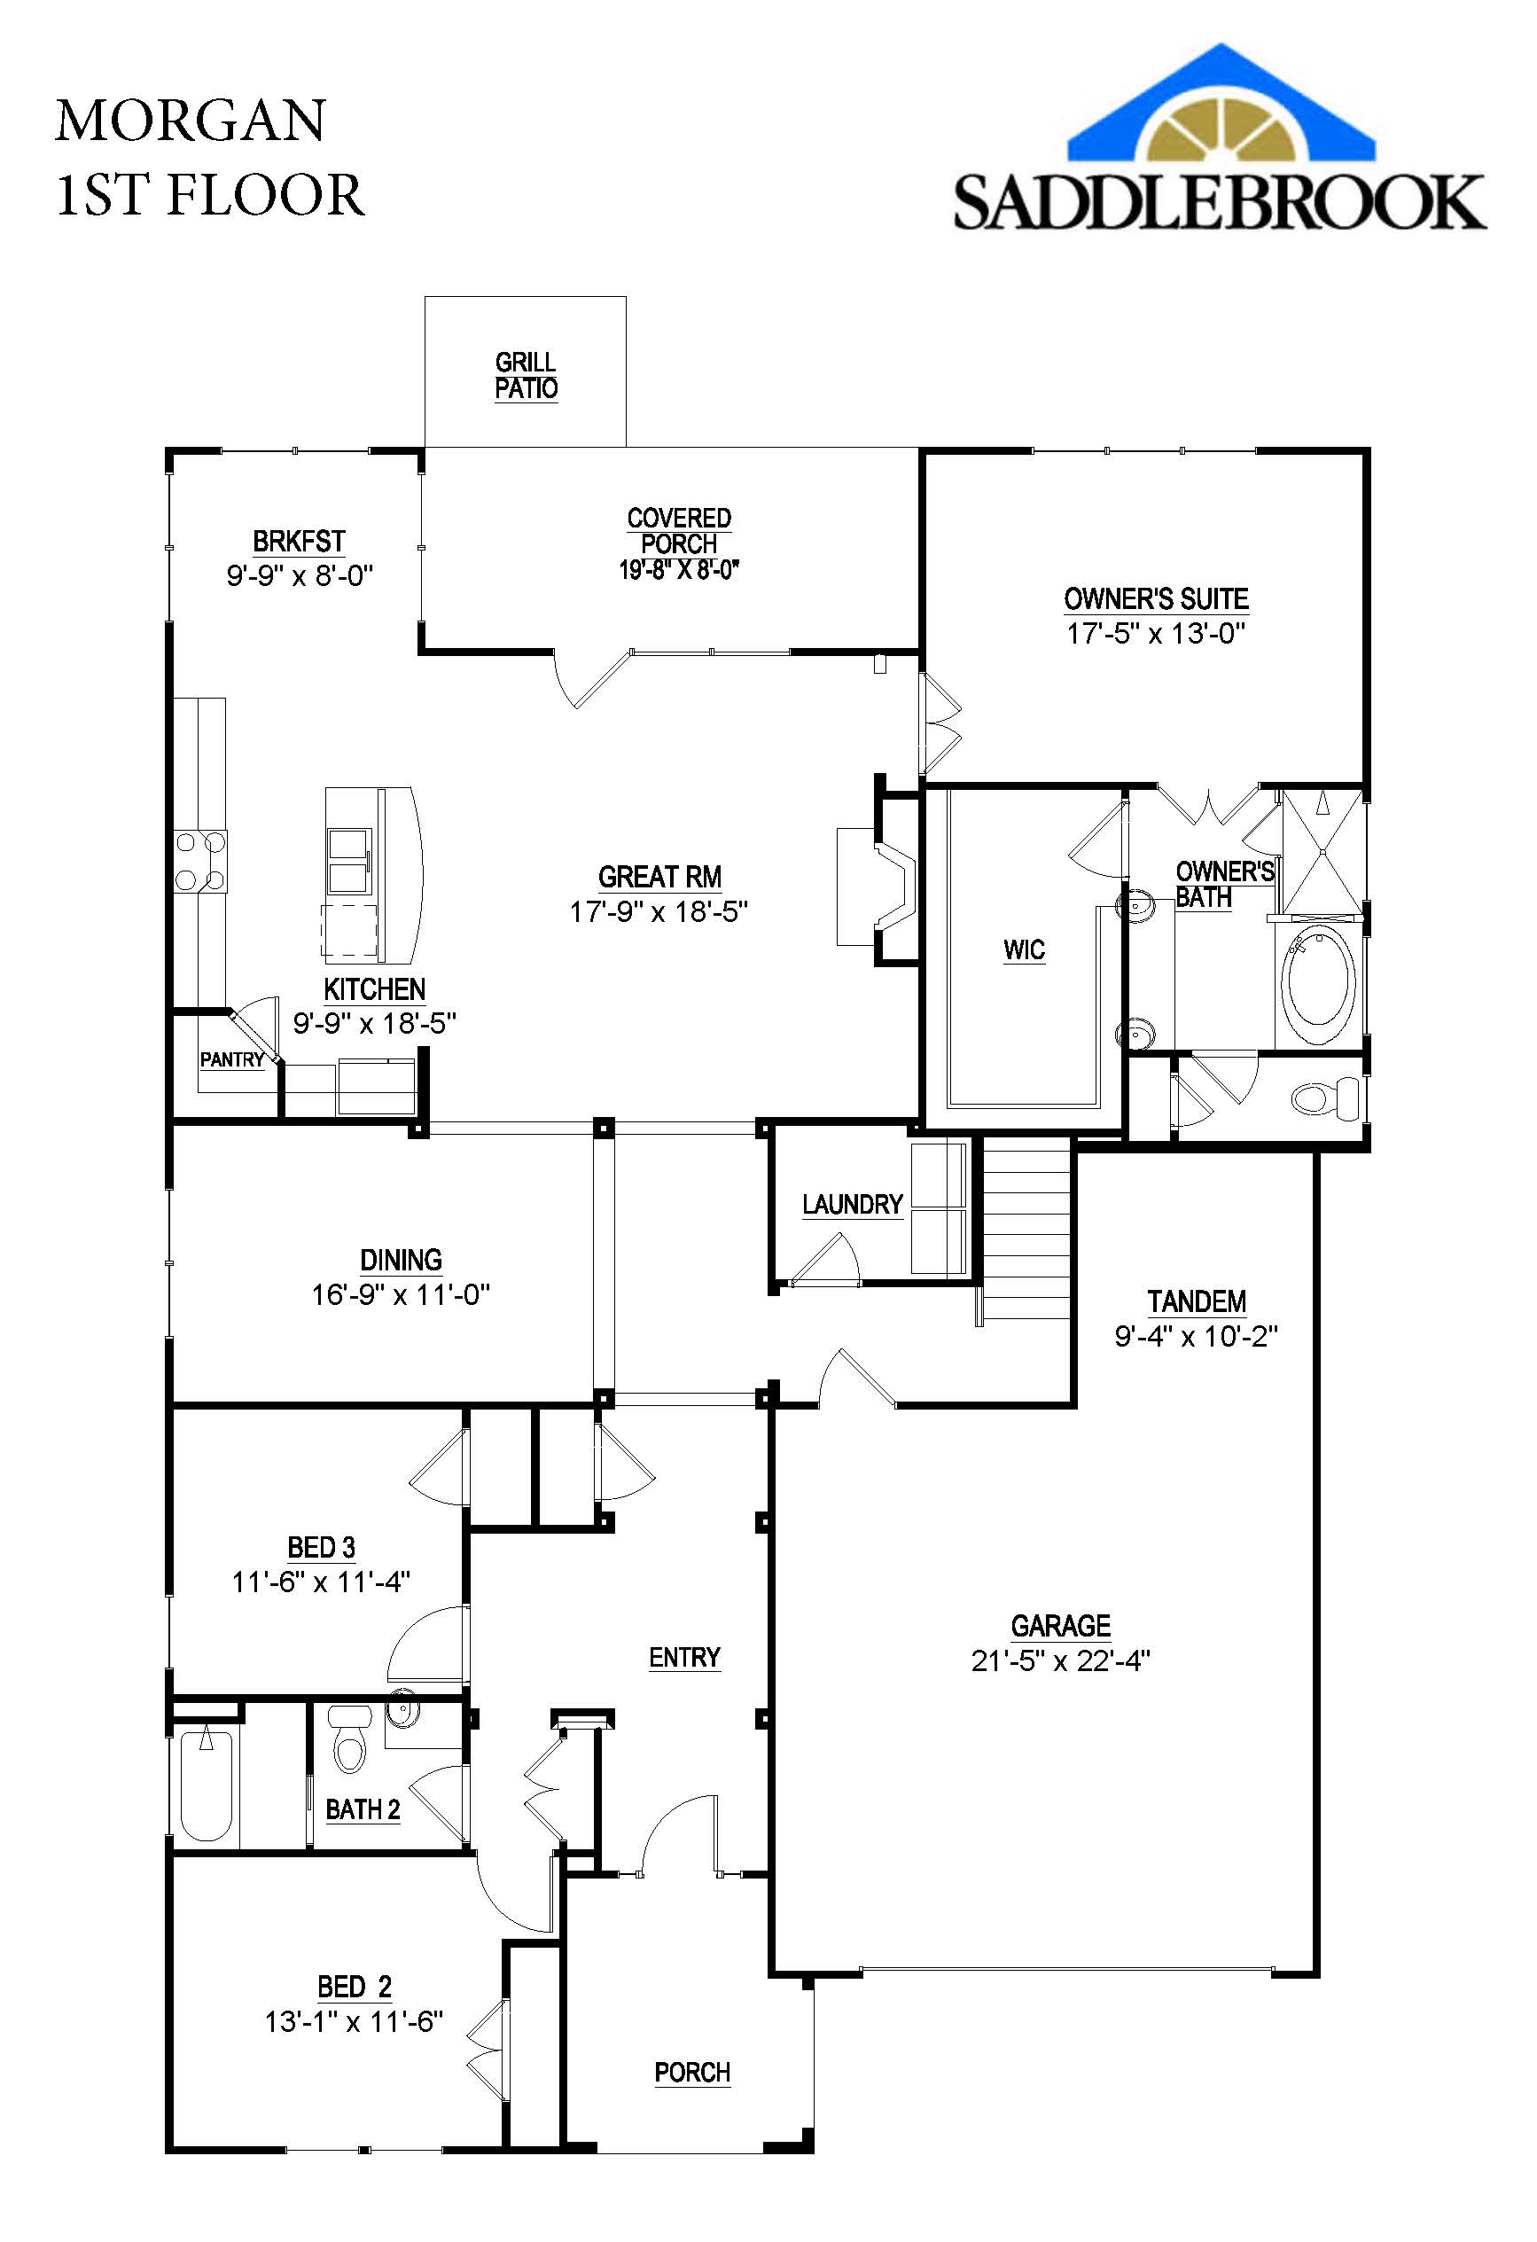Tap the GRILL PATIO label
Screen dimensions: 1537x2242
click(x=526, y=375)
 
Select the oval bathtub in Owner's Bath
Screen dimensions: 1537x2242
click(x=1318, y=982)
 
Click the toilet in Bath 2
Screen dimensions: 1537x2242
click(x=349, y=1738)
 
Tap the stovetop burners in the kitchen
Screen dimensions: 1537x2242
click(x=200, y=861)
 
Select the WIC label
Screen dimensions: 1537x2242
click(x=1024, y=949)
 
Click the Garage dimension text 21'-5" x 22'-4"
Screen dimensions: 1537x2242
click(x=1060, y=1660)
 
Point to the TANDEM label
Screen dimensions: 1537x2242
click(x=1197, y=1301)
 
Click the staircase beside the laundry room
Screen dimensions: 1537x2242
click(x=1026, y=1227)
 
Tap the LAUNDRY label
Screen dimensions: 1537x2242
click(x=852, y=1204)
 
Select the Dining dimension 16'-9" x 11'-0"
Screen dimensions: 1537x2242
click(x=401, y=1293)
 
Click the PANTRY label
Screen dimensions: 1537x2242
click(x=231, y=1059)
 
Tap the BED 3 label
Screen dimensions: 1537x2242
click(x=321, y=1547)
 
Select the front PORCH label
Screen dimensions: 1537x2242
click(x=691, y=2072)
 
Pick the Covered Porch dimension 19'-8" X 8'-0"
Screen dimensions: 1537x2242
click(x=678, y=569)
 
